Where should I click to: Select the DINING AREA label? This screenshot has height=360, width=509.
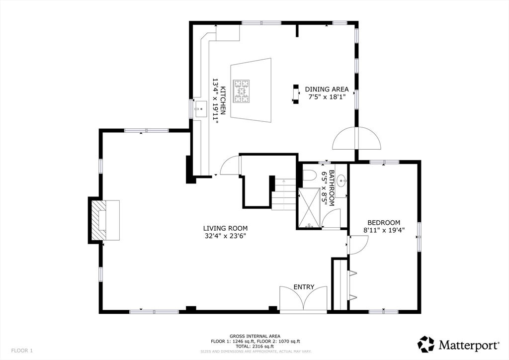click(x=327, y=90)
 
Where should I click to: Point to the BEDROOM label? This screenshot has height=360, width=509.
click(x=383, y=222)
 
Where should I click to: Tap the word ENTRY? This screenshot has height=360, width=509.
click(x=304, y=287)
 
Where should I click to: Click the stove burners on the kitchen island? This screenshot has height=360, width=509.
click(x=242, y=91)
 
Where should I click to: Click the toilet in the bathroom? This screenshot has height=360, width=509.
click(x=309, y=176)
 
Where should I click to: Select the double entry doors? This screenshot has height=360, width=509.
click(x=304, y=300)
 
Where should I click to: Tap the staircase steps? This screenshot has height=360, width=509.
click(x=284, y=194)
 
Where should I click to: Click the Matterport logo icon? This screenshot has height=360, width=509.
click(x=426, y=344)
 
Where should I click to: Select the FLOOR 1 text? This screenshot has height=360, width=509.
click(x=22, y=351)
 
